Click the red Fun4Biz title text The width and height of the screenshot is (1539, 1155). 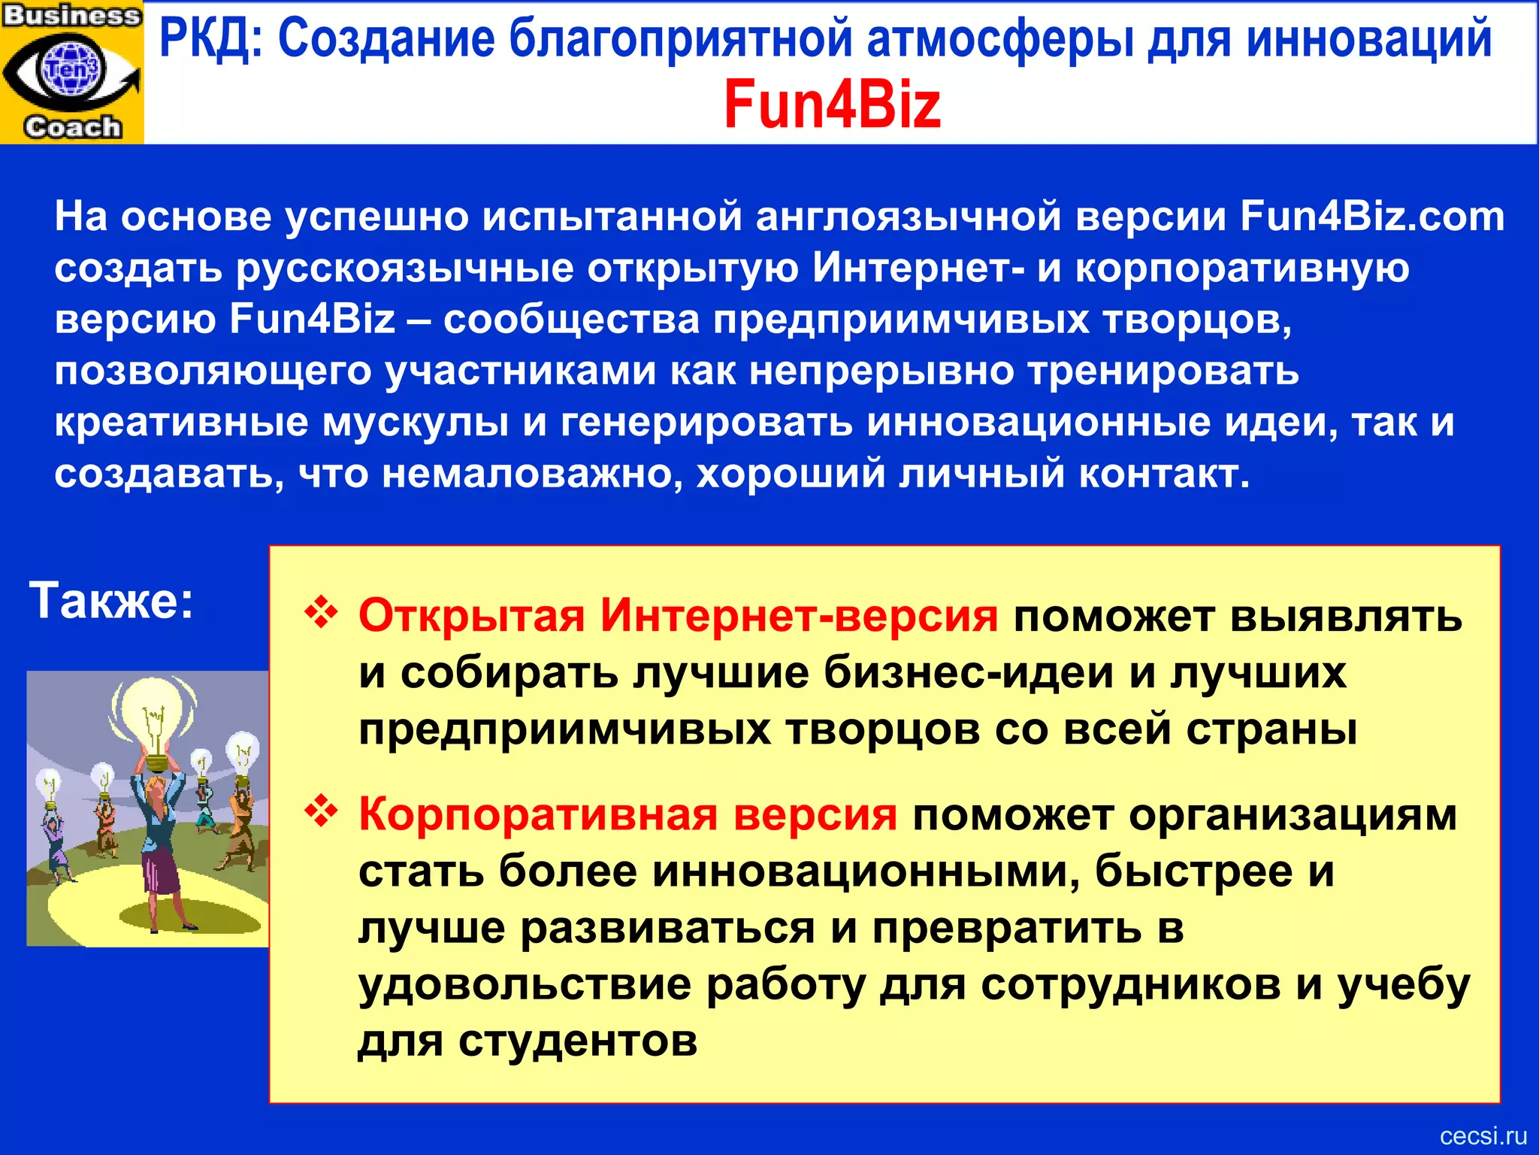tap(832, 105)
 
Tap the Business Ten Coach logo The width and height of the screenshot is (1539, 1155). tap(71, 71)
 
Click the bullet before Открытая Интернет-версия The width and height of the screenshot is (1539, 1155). tap(321, 613)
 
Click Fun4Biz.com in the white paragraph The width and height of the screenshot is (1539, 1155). tap(1372, 217)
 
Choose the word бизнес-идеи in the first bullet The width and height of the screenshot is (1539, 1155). tap(969, 672)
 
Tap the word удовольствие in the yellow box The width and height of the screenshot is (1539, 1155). tap(525, 985)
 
